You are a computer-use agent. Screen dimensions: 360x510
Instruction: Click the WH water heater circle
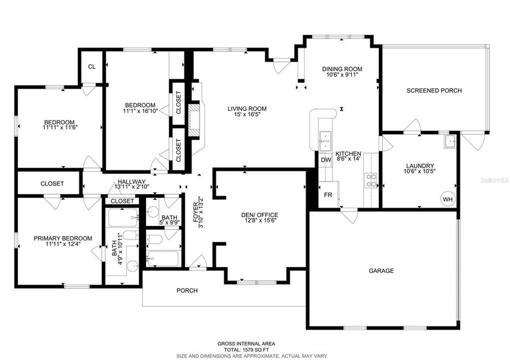point(447,199)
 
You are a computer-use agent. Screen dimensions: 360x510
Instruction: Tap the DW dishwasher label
point(326,160)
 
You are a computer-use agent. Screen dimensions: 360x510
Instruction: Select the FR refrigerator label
point(328,195)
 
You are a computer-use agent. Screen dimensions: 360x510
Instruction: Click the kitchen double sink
point(326,140)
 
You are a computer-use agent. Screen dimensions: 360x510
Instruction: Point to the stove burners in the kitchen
point(371,179)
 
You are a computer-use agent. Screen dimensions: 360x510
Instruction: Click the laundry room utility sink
point(449,141)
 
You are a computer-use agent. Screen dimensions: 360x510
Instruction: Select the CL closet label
point(92,66)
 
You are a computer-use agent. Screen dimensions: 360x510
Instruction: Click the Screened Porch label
point(434,90)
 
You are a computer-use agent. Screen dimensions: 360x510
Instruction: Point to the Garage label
point(381,270)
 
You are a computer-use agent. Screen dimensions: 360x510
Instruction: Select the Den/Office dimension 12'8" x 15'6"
point(260,220)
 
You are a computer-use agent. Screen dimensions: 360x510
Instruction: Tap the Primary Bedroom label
point(63,238)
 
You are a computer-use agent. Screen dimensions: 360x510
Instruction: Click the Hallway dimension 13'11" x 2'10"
point(132,187)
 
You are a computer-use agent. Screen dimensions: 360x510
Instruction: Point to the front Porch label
point(187,290)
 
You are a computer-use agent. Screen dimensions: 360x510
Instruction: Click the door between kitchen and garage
point(348,215)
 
